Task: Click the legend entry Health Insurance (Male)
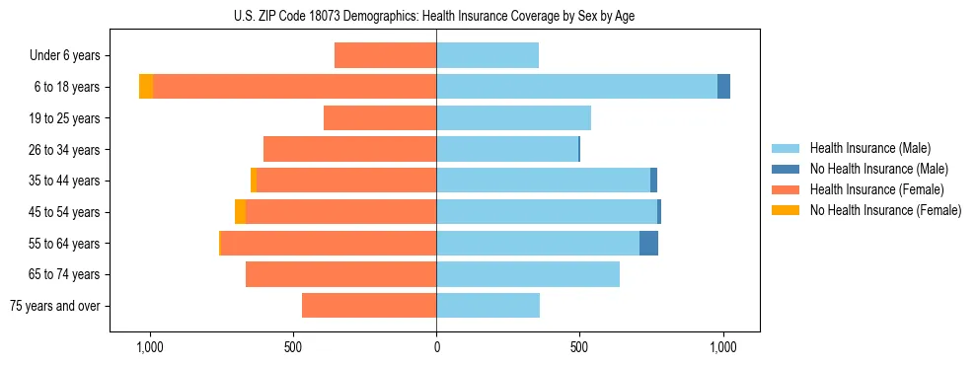pyautogui.click(x=869, y=148)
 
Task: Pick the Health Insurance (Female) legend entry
pyautogui.click(x=876, y=189)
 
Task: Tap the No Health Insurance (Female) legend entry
pyautogui.click(x=885, y=210)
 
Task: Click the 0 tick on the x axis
pyautogui.click(x=436, y=347)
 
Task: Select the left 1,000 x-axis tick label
pyautogui.click(x=150, y=347)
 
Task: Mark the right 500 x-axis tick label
pyautogui.click(x=579, y=347)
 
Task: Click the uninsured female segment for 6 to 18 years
pyautogui.click(x=146, y=87)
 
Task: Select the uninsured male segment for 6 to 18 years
pyautogui.click(x=723, y=87)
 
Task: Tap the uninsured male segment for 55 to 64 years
pyautogui.click(x=648, y=243)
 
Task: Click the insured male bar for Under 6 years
pyautogui.click(x=488, y=55)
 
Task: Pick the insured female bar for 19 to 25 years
pyautogui.click(x=380, y=118)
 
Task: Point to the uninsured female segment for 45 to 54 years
pyautogui.click(x=240, y=212)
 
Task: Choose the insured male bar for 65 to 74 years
pyautogui.click(x=528, y=274)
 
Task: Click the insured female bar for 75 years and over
pyautogui.click(x=369, y=306)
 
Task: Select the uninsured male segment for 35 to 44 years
pyautogui.click(x=653, y=181)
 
